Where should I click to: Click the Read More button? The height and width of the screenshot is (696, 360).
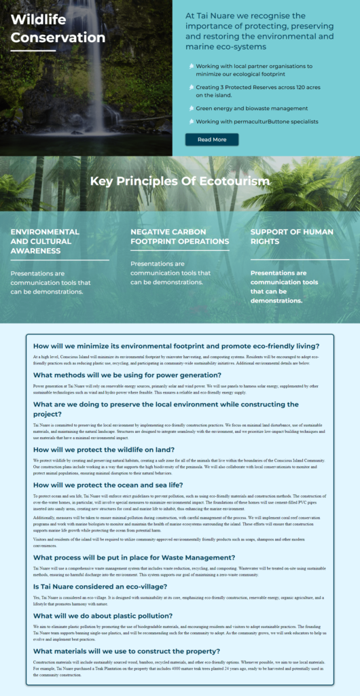pos(212,139)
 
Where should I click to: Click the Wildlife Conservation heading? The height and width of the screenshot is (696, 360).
pos(58,28)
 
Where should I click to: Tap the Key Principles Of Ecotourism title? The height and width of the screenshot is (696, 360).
pos(179,181)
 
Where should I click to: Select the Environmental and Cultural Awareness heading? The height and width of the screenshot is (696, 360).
pos(45,241)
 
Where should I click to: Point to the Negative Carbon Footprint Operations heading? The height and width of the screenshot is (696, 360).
pos(179,237)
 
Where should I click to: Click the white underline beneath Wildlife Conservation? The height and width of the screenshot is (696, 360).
pos(33,50)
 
